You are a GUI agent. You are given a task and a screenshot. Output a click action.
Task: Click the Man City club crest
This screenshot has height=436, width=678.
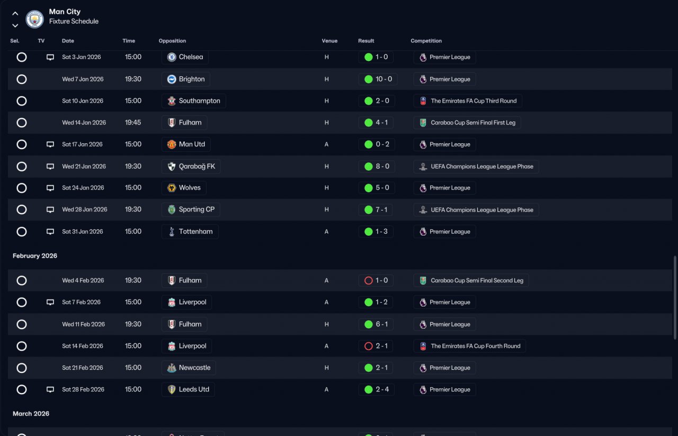click(34, 19)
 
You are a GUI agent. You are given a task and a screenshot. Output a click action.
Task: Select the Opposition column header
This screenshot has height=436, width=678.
click(172, 41)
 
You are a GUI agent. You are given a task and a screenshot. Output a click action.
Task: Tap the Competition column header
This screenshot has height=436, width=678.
click(426, 41)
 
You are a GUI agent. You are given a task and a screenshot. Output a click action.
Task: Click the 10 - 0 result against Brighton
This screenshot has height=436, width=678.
click(384, 79)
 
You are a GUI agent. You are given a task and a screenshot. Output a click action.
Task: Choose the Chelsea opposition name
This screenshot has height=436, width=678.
click(191, 57)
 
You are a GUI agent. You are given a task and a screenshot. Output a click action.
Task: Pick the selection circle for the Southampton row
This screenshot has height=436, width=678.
click(22, 101)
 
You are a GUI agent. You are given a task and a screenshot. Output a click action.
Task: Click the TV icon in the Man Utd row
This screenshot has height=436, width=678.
click(50, 144)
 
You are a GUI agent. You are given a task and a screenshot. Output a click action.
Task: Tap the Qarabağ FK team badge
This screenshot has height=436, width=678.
click(172, 167)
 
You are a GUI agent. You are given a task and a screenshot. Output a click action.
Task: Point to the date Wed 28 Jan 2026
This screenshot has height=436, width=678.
click(85, 210)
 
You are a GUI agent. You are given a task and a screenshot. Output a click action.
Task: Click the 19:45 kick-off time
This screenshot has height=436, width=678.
click(133, 123)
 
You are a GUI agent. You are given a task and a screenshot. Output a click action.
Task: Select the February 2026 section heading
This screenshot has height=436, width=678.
click(35, 256)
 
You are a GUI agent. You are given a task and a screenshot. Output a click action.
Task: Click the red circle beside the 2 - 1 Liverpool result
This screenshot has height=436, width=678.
click(368, 346)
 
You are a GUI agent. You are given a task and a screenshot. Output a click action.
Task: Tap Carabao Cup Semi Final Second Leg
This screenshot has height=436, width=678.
click(477, 281)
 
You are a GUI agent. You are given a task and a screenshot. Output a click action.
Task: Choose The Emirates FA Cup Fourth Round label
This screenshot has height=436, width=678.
click(476, 346)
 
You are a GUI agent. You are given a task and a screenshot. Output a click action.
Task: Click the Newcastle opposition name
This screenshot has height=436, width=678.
click(194, 368)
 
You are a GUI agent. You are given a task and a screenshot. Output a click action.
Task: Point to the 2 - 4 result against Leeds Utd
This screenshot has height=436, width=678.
click(382, 390)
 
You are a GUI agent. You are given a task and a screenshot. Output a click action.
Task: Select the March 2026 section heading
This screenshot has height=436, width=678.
click(31, 414)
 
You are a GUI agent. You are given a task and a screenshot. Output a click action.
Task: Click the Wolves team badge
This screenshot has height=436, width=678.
click(172, 188)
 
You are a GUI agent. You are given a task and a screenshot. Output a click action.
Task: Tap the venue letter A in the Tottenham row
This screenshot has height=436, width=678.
click(326, 232)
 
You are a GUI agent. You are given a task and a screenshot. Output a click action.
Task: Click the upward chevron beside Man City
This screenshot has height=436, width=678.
click(15, 14)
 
